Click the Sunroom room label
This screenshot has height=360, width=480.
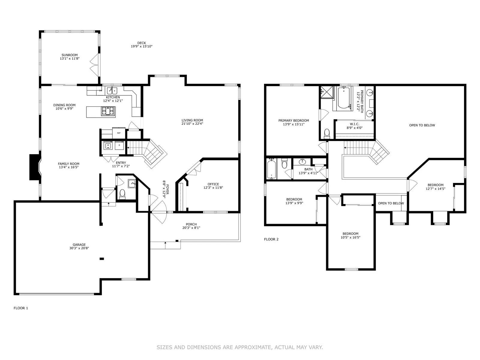[70, 55]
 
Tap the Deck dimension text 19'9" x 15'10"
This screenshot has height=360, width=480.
[142, 46]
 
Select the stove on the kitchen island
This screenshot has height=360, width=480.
[108, 111]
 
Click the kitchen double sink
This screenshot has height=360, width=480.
[112, 91]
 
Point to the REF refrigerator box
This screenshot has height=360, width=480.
[119, 133]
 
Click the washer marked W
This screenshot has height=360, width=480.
[108, 145]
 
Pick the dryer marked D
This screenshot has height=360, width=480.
[119, 145]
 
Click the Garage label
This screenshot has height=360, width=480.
[79, 244]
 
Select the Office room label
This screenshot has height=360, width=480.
[213, 184]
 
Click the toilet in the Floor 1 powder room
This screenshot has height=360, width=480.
[122, 194]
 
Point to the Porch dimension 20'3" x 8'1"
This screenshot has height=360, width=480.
[191, 228]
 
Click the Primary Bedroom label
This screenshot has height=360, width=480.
[294, 120]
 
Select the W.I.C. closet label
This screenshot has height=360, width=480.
[355, 124]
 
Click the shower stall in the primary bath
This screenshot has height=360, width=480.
[327, 92]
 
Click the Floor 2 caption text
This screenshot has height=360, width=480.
[271, 239]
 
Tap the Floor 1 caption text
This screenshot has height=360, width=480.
[21, 308]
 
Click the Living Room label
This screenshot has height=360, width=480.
[192, 120]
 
